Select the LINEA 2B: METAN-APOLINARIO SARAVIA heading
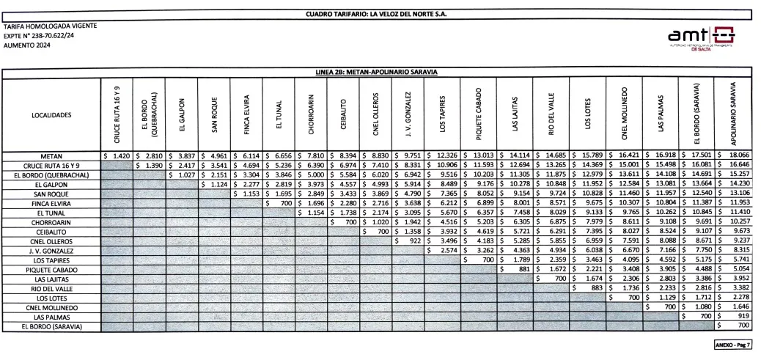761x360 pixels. (x=380, y=72)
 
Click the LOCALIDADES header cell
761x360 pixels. (x=51, y=116)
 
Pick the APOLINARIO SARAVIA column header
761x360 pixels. (x=732, y=114)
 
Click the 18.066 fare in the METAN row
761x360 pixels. (x=736, y=156)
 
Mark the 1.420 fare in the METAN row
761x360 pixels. (x=120, y=156)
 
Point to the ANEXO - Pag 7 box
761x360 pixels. (x=732, y=344)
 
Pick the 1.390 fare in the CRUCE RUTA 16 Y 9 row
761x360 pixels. (x=152, y=166)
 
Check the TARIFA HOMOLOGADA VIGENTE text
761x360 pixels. (x=50, y=26)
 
